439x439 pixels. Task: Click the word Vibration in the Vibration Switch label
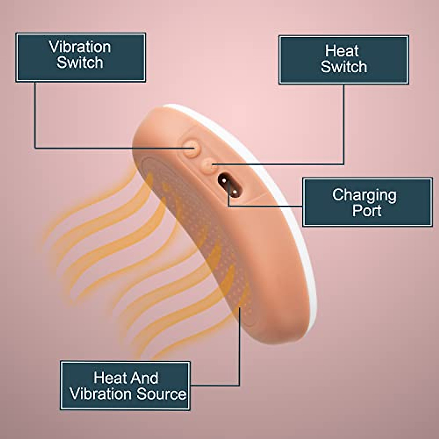tap(80, 47)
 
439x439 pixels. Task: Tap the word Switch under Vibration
tap(80, 63)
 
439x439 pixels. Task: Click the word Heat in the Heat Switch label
tap(342, 51)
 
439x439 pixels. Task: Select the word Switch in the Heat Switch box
tap(344, 67)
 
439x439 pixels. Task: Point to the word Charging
tap(364, 195)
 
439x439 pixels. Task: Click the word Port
tap(367, 211)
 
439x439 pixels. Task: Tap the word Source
tap(161, 394)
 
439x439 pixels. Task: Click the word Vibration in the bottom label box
tap(101, 394)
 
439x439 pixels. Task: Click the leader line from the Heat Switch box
tap(344, 124)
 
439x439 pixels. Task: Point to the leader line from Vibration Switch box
tap(35, 117)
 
